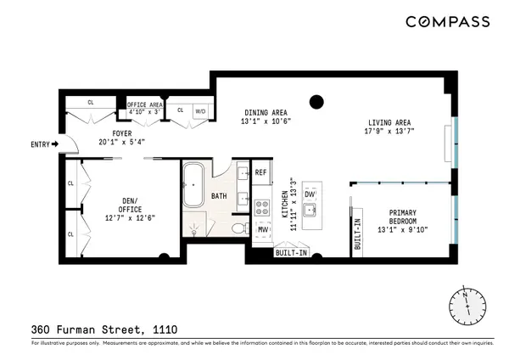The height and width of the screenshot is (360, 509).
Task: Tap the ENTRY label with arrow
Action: coord(44,143)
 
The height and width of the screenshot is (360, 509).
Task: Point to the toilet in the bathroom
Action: coord(238,229)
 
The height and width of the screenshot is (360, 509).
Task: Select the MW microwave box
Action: coord(262,229)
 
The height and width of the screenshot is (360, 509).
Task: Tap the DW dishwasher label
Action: coord(310,195)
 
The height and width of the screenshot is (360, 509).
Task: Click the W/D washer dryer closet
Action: coord(200,110)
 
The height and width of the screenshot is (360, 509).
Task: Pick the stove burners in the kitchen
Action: coord(262,205)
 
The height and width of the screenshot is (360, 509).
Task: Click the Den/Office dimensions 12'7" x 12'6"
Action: coord(131,218)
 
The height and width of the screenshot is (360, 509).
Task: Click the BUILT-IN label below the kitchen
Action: coord(291,252)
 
